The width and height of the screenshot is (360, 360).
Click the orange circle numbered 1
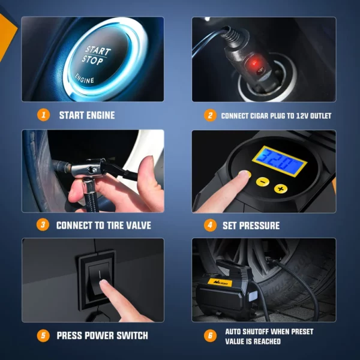pyautogui.click(x=43, y=115)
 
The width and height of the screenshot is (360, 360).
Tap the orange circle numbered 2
pyautogui.click(x=210, y=115)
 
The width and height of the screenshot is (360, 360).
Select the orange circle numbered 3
pyautogui.click(x=43, y=225)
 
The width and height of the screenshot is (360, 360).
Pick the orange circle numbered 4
pyautogui.click(x=210, y=225)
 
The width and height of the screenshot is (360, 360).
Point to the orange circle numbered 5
pyautogui.click(x=43, y=335)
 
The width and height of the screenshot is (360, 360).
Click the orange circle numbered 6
pyautogui.click(x=210, y=335)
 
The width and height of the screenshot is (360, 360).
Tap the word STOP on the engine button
pyautogui.click(x=92, y=60)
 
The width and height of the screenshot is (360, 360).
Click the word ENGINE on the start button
pyautogui.click(x=84, y=79)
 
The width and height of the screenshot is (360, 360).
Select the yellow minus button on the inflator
pyautogui.click(x=263, y=182)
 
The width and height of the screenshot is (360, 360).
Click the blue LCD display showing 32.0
pyautogui.click(x=280, y=161)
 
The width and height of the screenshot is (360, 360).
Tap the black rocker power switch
pyautogui.click(x=100, y=279)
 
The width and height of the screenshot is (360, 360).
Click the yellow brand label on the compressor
pyautogui.click(x=220, y=283)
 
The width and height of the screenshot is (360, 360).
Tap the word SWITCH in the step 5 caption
pyautogui.click(x=132, y=335)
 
